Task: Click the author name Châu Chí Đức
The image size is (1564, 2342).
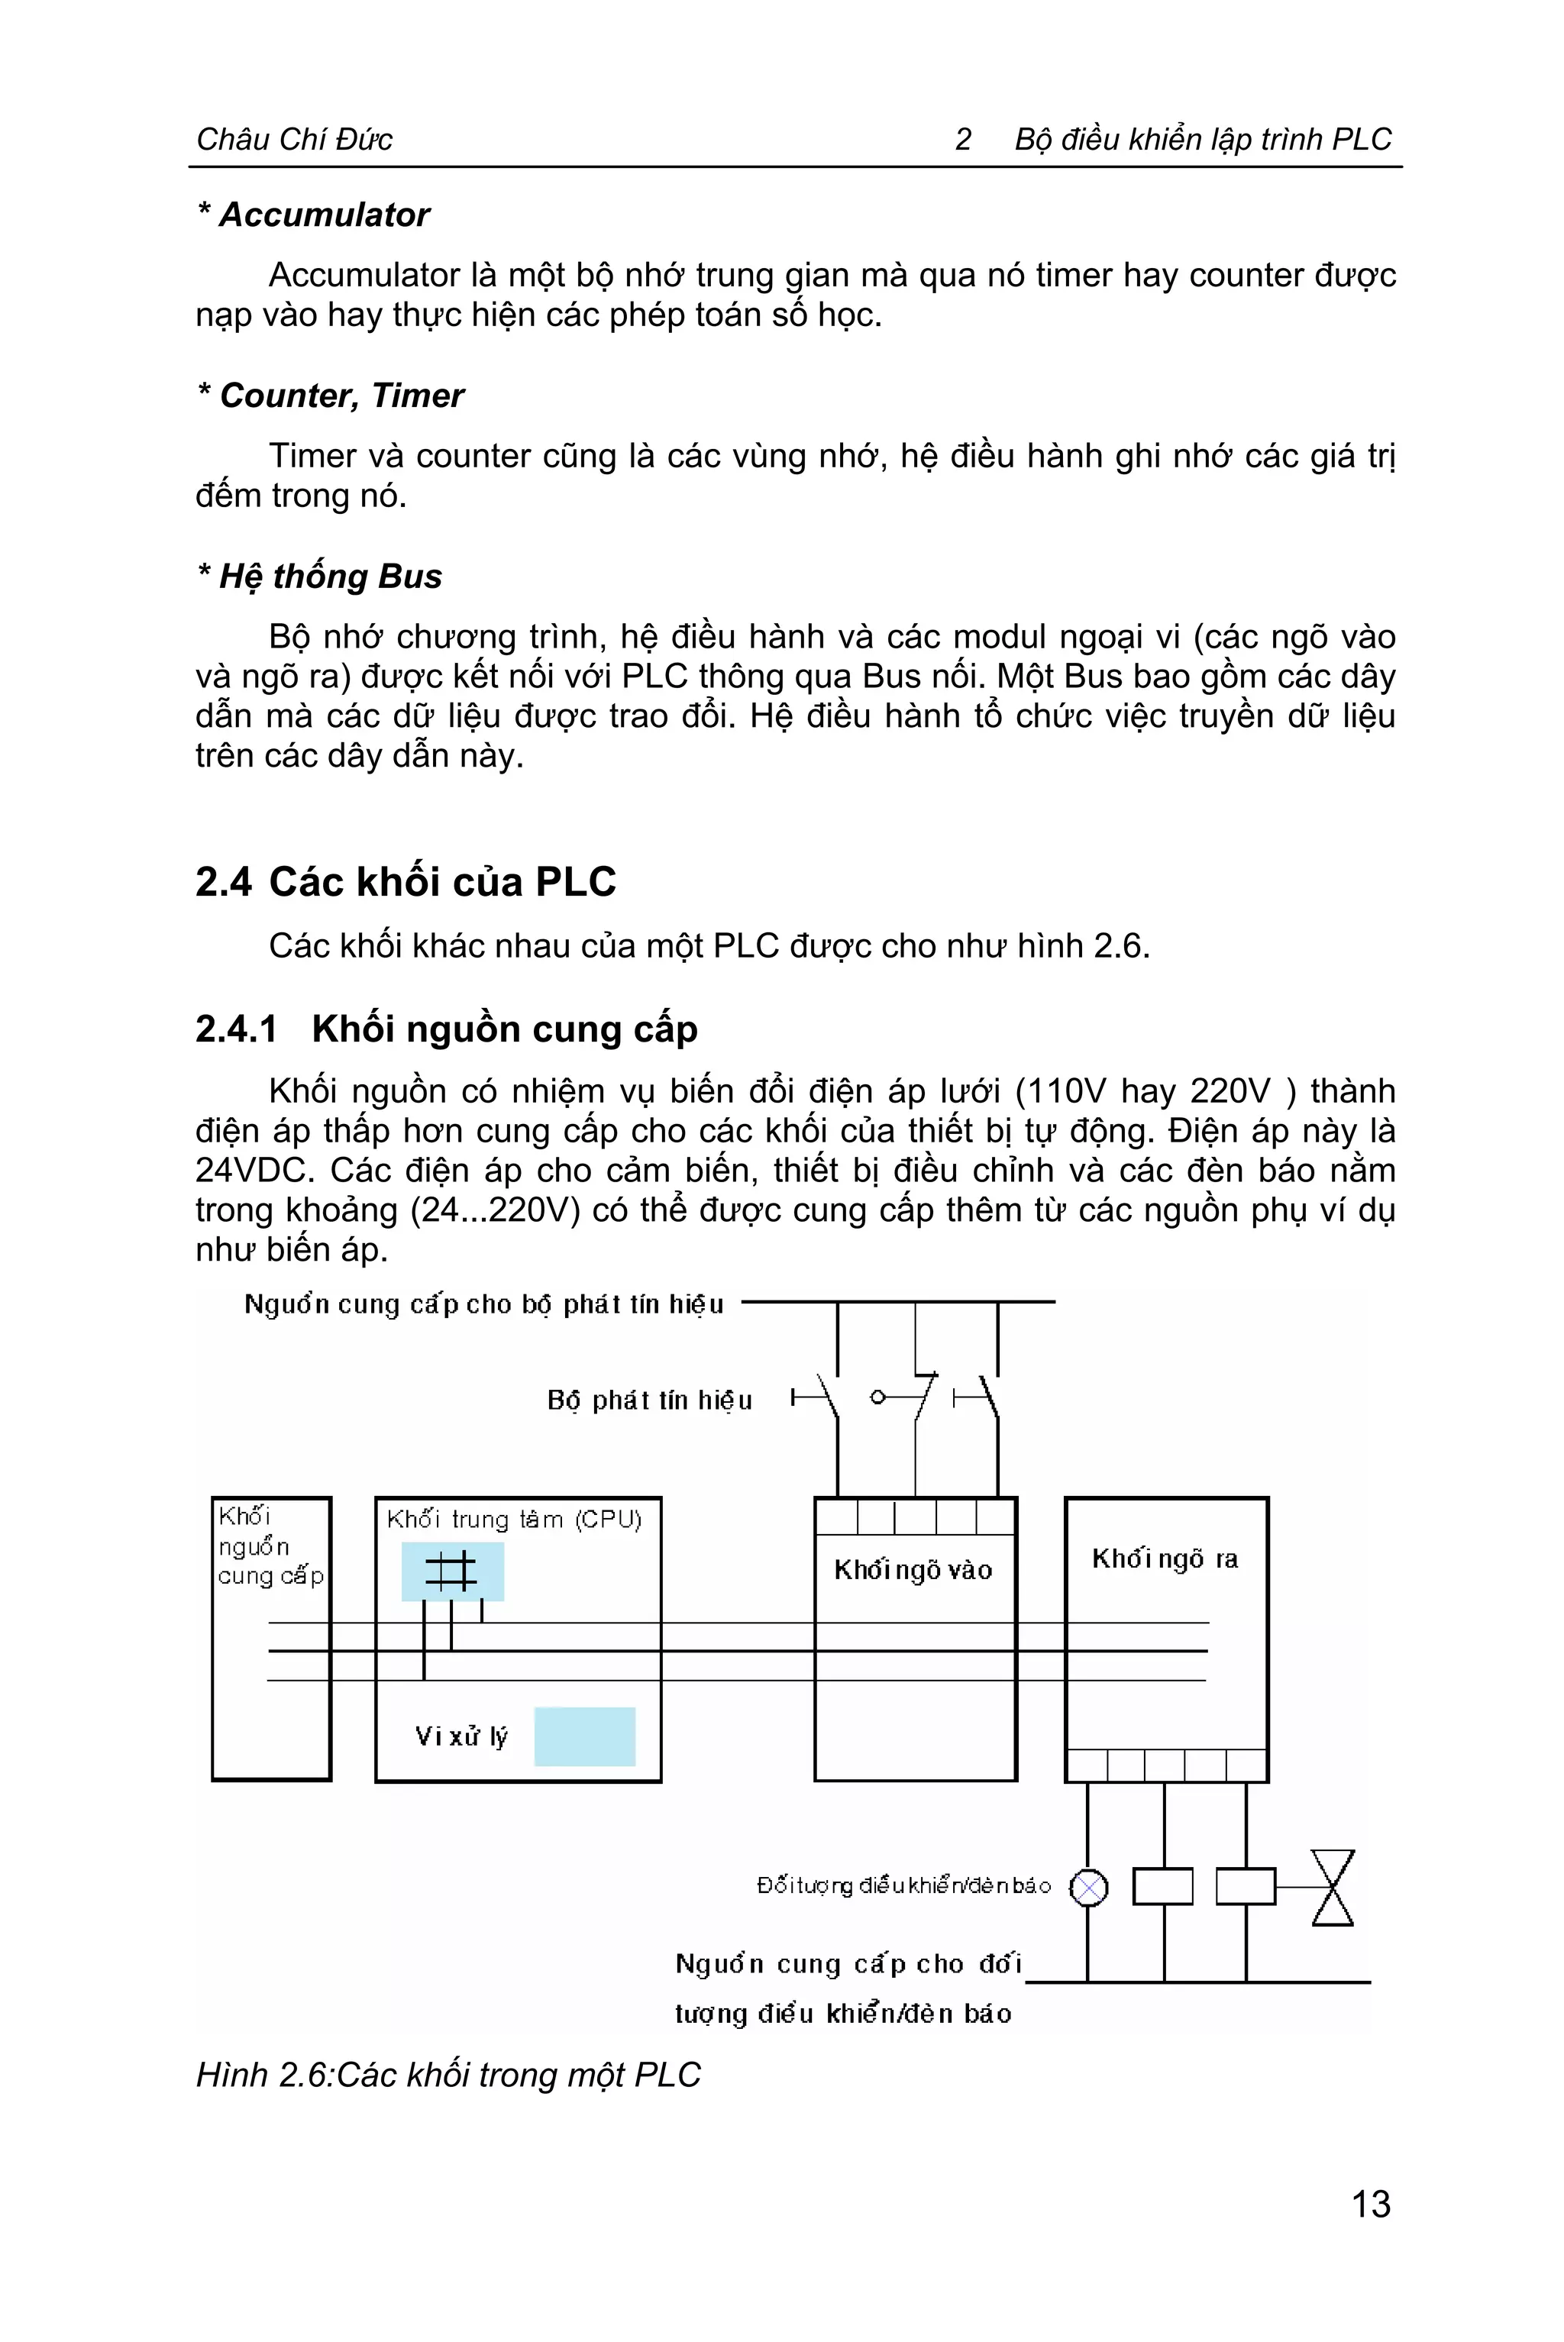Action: click(294, 140)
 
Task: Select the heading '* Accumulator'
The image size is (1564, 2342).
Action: click(314, 215)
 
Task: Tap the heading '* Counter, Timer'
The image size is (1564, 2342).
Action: click(331, 396)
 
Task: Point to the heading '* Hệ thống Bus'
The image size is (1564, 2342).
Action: click(320, 577)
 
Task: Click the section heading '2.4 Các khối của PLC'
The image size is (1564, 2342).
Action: click(406, 882)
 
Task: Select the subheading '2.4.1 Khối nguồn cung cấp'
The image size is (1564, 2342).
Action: click(446, 1029)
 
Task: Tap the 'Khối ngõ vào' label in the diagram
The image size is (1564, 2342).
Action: click(913, 1571)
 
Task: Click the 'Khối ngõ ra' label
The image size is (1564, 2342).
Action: click(1164, 1559)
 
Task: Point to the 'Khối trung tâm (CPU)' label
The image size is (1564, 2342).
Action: click(514, 1519)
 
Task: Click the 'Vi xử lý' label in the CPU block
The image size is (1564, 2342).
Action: click(460, 1736)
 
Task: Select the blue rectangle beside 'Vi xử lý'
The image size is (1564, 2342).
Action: click(584, 1736)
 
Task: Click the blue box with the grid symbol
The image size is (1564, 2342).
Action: click(452, 1572)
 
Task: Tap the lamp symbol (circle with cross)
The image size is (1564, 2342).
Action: click(1088, 1887)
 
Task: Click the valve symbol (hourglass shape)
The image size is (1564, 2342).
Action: click(1333, 1887)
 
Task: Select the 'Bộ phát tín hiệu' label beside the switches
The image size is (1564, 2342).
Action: click(649, 1400)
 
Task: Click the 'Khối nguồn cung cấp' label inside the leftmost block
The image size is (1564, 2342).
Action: click(270, 1547)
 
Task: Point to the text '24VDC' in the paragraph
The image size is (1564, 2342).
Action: click(254, 1170)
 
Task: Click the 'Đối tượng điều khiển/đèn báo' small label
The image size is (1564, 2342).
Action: click(903, 1886)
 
